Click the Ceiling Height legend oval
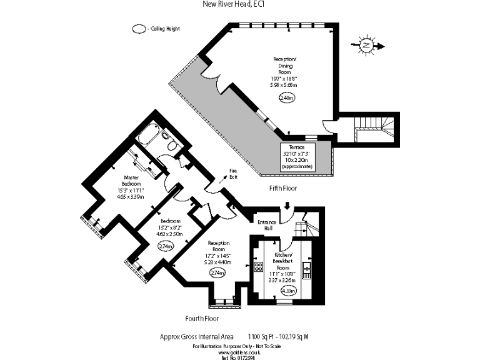[137, 29]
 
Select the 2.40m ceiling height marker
[287, 97]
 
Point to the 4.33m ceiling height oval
[288, 291]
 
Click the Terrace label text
[305, 146]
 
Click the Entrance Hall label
[267, 225]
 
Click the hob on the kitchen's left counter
[258, 269]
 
